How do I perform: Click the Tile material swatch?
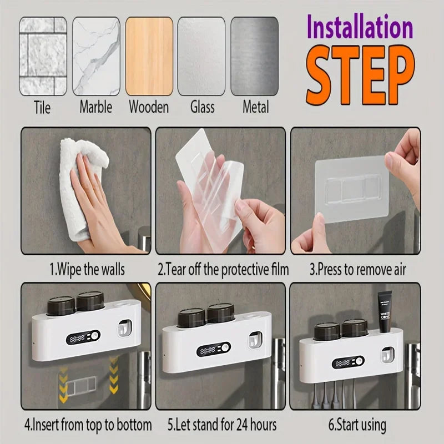click(43, 56)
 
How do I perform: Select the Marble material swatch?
click(95, 56)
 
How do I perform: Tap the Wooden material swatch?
click(149, 56)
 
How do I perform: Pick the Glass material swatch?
click(201, 56)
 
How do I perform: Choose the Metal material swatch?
click(254, 56)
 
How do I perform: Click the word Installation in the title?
click(360, 28)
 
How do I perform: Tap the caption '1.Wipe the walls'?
click(87, 270)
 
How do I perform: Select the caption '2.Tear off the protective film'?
click(223, 270)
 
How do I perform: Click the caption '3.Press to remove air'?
click(358, 270)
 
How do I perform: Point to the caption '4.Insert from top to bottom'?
click(87, 425)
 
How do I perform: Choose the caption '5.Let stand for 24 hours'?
click(223, 425)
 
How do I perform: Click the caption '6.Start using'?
click(357, 425)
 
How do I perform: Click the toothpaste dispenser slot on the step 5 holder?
click(254, 341)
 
